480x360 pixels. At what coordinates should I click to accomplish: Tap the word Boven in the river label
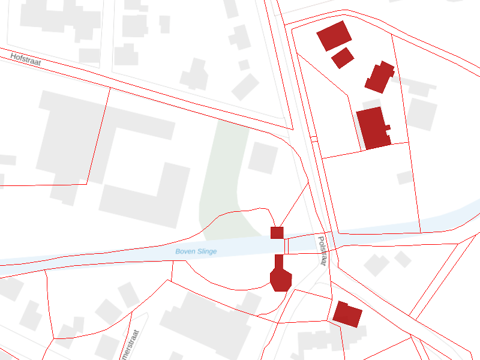point(185,252)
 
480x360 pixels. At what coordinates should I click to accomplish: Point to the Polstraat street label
point(322,251)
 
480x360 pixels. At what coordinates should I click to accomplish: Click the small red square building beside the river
point(277,233)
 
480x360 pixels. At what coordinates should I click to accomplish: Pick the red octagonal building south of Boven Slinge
point(280,278)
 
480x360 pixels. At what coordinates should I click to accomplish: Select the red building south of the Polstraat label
point(347,314)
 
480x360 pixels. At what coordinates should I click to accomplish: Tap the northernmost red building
point(334,35)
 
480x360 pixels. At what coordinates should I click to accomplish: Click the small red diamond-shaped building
point(343,58)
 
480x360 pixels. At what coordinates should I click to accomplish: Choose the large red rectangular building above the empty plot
point(373,128)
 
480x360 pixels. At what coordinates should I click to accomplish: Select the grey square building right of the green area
point(263,158)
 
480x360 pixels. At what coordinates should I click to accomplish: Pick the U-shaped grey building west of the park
point(144,180)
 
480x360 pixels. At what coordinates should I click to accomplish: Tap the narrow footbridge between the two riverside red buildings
point(286,245)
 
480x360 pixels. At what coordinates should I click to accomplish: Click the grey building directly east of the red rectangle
point(422,114)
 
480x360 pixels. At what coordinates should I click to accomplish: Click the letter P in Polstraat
point(320,239)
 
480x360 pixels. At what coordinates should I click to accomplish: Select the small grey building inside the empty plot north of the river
point(406,178)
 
